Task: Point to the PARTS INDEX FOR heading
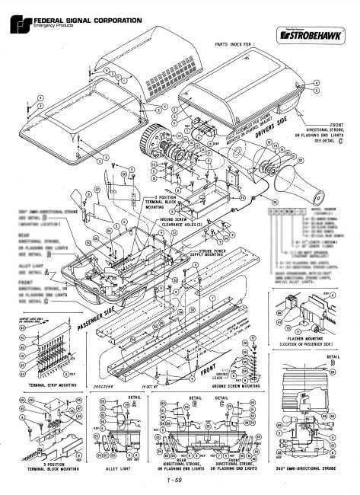[x=235, y=45]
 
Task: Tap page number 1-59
[x=180, y=481]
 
